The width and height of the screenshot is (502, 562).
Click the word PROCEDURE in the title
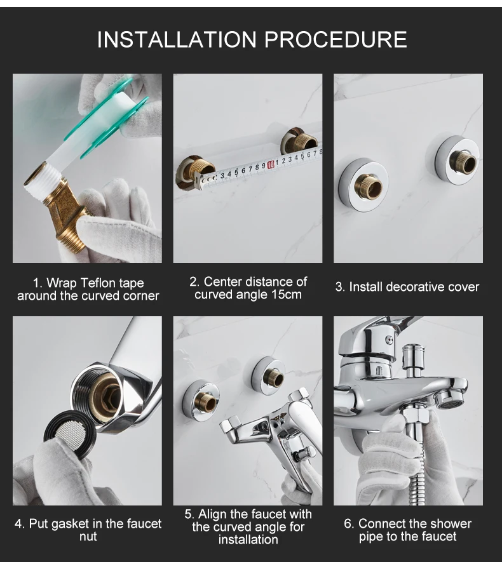coord(336,39)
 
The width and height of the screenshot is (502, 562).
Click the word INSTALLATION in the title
coord(177,39)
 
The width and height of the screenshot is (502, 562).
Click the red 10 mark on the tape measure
coord(271,164)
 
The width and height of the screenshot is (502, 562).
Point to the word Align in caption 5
coord(213,514)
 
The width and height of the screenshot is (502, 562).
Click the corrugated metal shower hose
coord(417,466)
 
